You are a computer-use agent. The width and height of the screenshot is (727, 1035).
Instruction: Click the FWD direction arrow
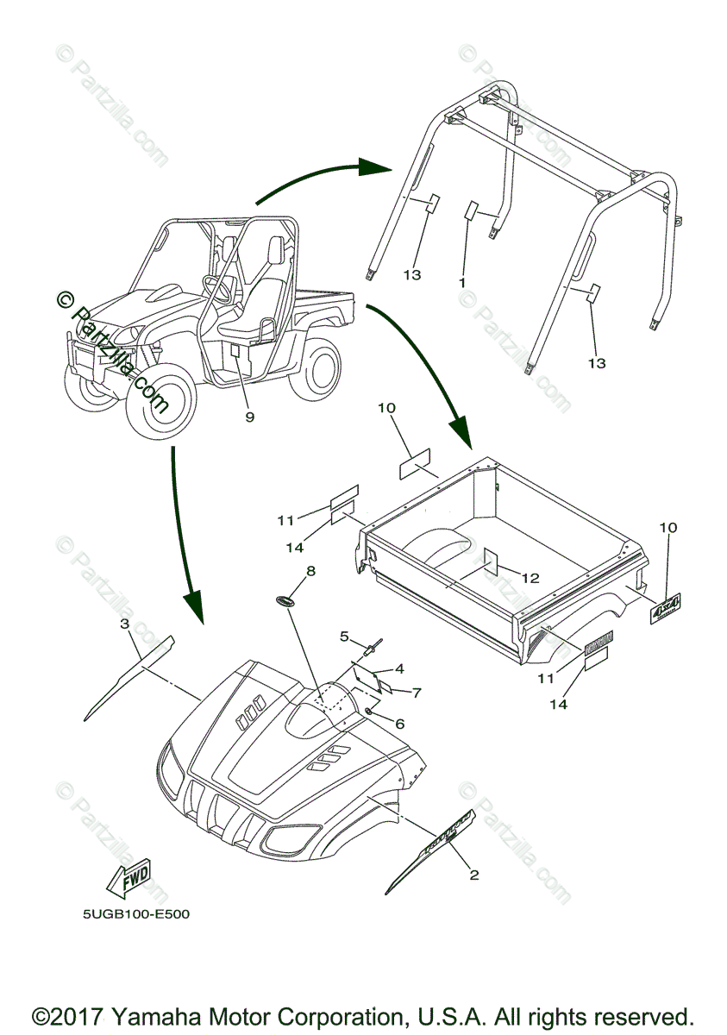(x=127, y=877)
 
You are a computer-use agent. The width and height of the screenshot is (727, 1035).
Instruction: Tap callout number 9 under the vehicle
(x=249, y=417)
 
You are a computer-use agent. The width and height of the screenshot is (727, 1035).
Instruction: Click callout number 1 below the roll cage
(x=462, y=282)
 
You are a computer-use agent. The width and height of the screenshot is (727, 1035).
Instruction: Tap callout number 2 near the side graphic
(x=473, y=875)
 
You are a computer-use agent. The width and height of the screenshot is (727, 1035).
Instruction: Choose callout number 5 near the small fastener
(x=344, y=637)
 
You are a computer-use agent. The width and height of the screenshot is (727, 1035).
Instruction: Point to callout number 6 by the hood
(x=398, y=724)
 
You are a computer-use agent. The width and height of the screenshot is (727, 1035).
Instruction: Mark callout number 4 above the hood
(x=399, y=668)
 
